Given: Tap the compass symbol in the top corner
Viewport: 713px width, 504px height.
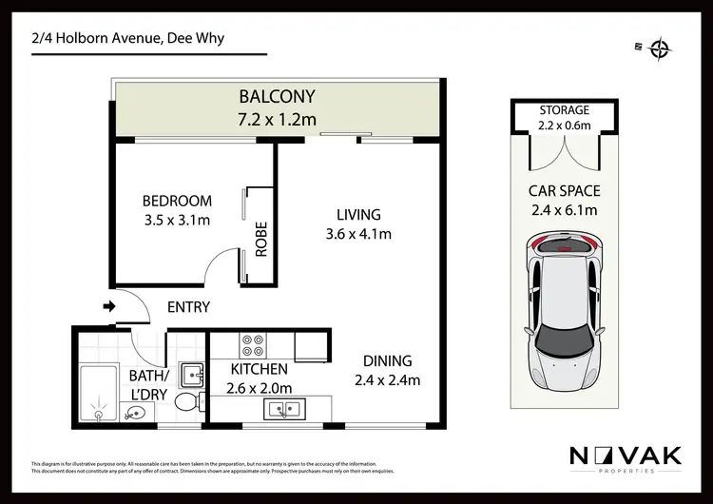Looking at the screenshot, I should (658, 49).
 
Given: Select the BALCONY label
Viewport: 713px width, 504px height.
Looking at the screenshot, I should (277, 96).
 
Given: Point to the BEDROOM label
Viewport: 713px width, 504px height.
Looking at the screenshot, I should (177, 201).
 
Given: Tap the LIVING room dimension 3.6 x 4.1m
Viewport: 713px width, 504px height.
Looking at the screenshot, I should (357, 234).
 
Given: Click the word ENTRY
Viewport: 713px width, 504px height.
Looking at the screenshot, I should (188, 307).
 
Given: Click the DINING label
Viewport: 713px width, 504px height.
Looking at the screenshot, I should (387, 361).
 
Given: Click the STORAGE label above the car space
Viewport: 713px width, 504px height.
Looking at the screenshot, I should (565, 110).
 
